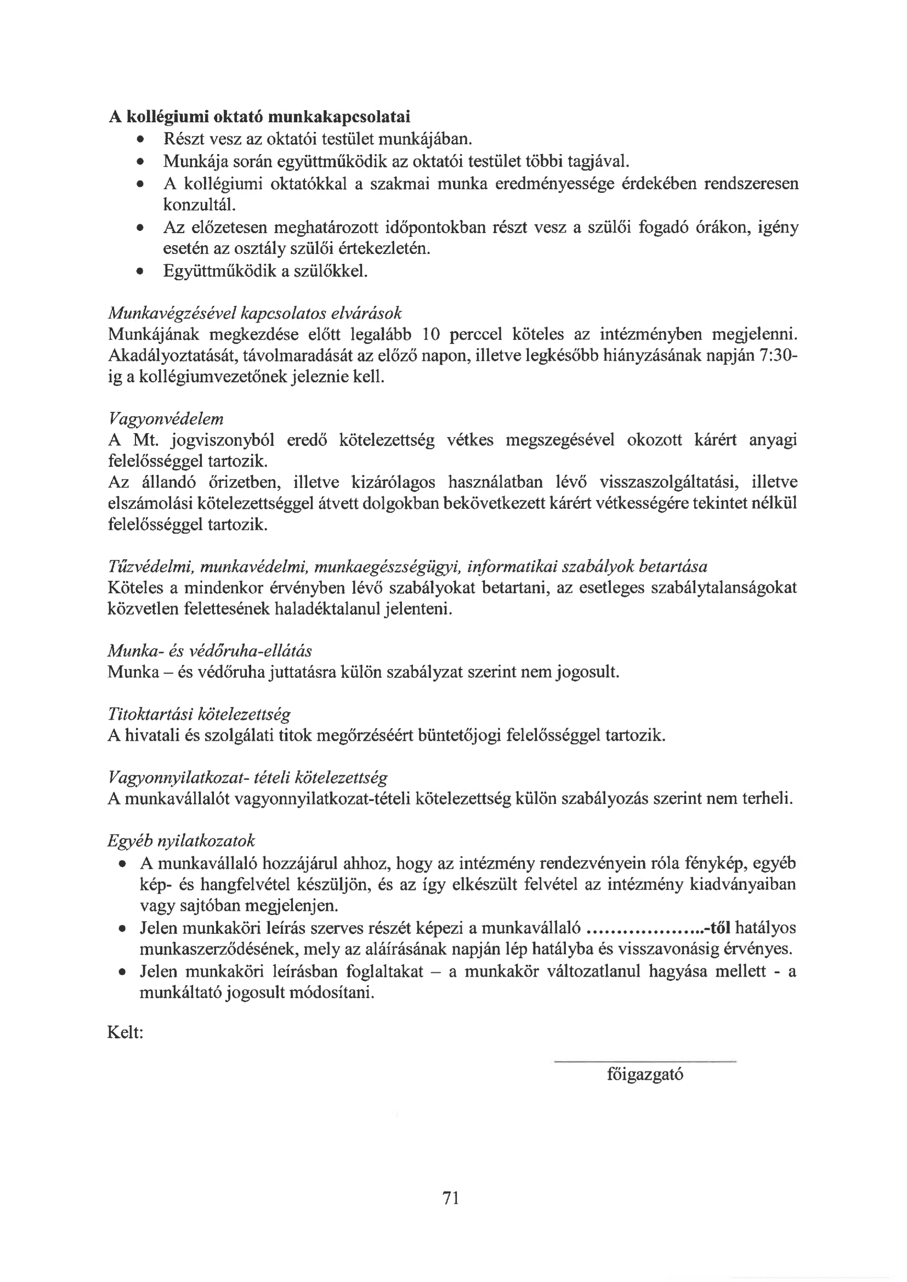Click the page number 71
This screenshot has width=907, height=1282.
(x=450, y=1198)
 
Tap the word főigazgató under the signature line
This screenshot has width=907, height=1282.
(x=645, y=1074)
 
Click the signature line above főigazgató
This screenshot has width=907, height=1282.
(x=645, y=1060)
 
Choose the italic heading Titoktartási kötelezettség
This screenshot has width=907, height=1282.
(x=199, y=714)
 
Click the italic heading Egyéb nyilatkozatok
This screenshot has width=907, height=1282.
(x=181, y=841)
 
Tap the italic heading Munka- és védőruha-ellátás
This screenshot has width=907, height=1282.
(x=209, y=650)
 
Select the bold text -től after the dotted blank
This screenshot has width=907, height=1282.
(x=718, y=928)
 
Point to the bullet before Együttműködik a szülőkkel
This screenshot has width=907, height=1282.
(x=139, y=272)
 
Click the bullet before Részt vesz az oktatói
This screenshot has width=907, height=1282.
(x=139, y=139)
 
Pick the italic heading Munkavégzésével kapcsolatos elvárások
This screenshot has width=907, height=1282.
(x=254, y=313)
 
